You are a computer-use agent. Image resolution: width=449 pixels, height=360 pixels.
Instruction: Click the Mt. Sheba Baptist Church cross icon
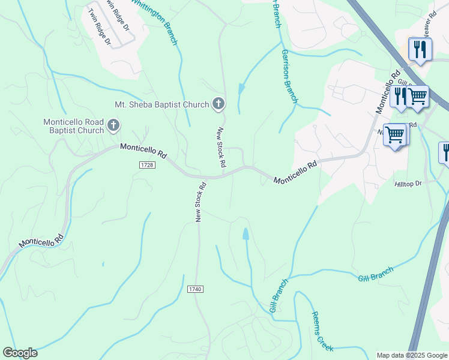pos(218,104)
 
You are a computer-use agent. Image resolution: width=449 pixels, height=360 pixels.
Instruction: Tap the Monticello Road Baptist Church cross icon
pos(113,126)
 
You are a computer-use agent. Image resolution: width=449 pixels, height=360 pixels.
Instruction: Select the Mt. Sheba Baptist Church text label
pos(162,104)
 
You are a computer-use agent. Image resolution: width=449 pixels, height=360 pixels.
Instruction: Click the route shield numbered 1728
pos(146,164)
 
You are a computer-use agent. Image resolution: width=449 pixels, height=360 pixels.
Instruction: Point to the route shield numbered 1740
pos(195,289)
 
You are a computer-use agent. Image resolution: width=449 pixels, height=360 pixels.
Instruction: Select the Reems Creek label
pos(322,331)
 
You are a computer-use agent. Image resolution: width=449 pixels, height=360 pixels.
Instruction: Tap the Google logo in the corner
pos(20,352)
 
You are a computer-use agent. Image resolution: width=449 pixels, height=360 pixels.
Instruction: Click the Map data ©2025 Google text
pos(411,355)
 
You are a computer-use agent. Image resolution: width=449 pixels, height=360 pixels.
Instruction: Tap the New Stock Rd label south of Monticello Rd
pos(200,202)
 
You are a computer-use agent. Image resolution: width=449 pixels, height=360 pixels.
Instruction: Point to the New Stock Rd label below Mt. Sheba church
pos(221,147)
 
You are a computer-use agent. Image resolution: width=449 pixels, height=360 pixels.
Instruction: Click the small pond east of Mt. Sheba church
pos(241,89)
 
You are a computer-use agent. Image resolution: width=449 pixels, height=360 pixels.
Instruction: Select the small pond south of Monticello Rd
pos(246,233)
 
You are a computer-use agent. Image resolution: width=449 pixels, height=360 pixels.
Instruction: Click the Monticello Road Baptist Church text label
pos(73,126)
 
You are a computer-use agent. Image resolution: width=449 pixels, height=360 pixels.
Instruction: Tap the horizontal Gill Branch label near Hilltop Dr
pos(375,274)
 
